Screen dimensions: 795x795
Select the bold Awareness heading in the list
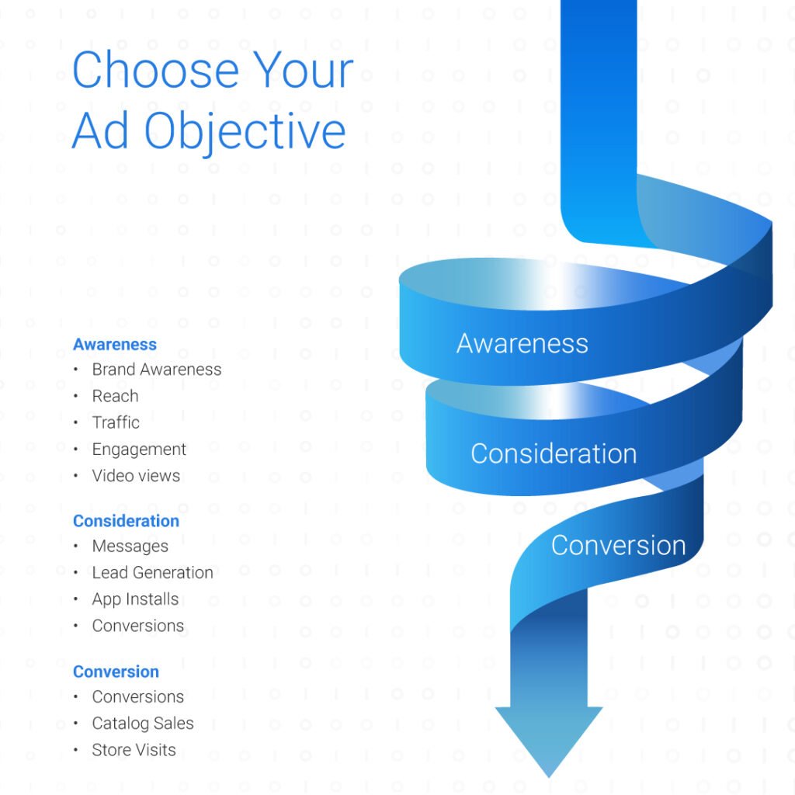click(115, 344)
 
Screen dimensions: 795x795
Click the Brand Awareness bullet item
click(157, 370)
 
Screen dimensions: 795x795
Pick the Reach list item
click(115, 396)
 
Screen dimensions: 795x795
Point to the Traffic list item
click(116, 422)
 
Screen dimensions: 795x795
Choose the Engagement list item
click(139, 450)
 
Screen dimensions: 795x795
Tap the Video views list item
click(136, 476)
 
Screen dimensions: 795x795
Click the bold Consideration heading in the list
click(126, 521)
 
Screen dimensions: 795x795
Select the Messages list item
click(130, 547)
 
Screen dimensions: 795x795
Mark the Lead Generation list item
click(152, 572)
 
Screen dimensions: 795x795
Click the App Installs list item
click(135, 599)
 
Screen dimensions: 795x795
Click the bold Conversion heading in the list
click(116, 672)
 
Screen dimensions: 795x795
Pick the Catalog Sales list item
click(143, 724)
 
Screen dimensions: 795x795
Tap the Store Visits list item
click(134, 750)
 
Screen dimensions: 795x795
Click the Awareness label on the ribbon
click(522, 343)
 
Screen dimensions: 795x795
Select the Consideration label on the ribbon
click(554, 453)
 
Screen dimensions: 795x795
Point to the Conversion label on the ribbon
click(619, 546)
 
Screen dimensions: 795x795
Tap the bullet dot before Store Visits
click(75, 750)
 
